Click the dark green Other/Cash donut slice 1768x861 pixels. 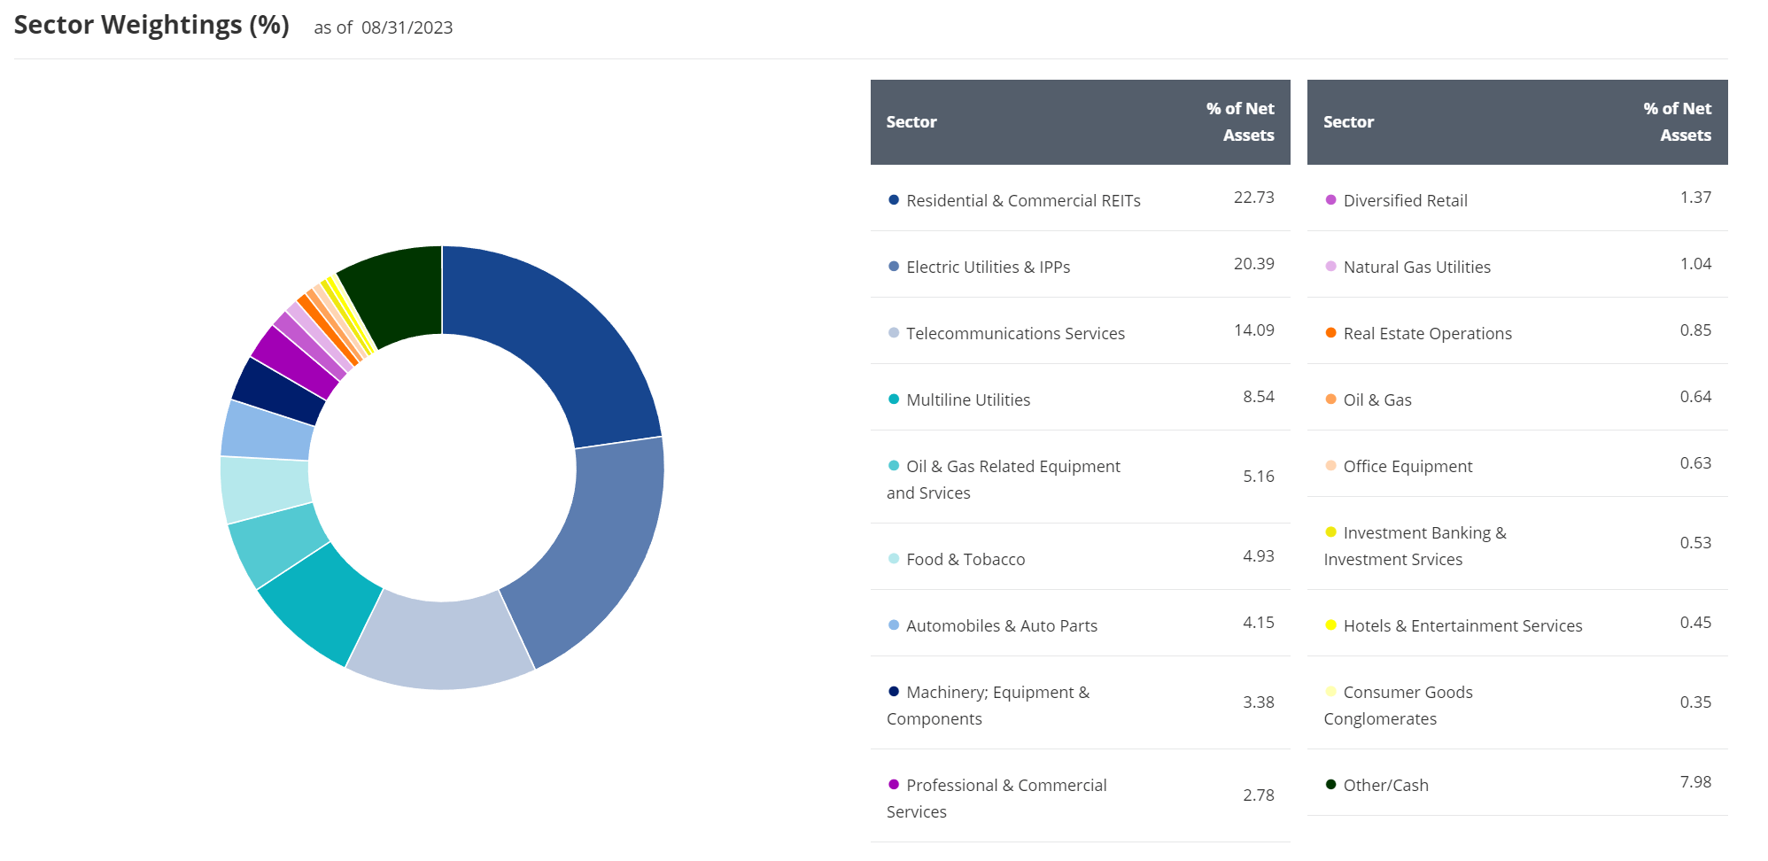394,292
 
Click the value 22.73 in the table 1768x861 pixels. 1253,198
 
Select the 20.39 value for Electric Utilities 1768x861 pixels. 1253,264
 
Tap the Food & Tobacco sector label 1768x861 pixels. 965,560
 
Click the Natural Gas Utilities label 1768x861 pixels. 1416,268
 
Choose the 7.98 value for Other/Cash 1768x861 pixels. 1694,782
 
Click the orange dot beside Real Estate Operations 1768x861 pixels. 1330,333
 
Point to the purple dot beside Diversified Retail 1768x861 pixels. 1330,200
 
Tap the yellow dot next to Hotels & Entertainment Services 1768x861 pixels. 1330,625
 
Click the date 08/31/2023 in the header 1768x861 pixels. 407,27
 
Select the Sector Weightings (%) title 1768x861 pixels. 151,26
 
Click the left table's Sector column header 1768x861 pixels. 911,122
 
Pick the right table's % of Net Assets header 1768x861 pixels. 1677,122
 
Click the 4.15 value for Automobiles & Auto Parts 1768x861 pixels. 1258,623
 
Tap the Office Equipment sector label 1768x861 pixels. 1407,467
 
